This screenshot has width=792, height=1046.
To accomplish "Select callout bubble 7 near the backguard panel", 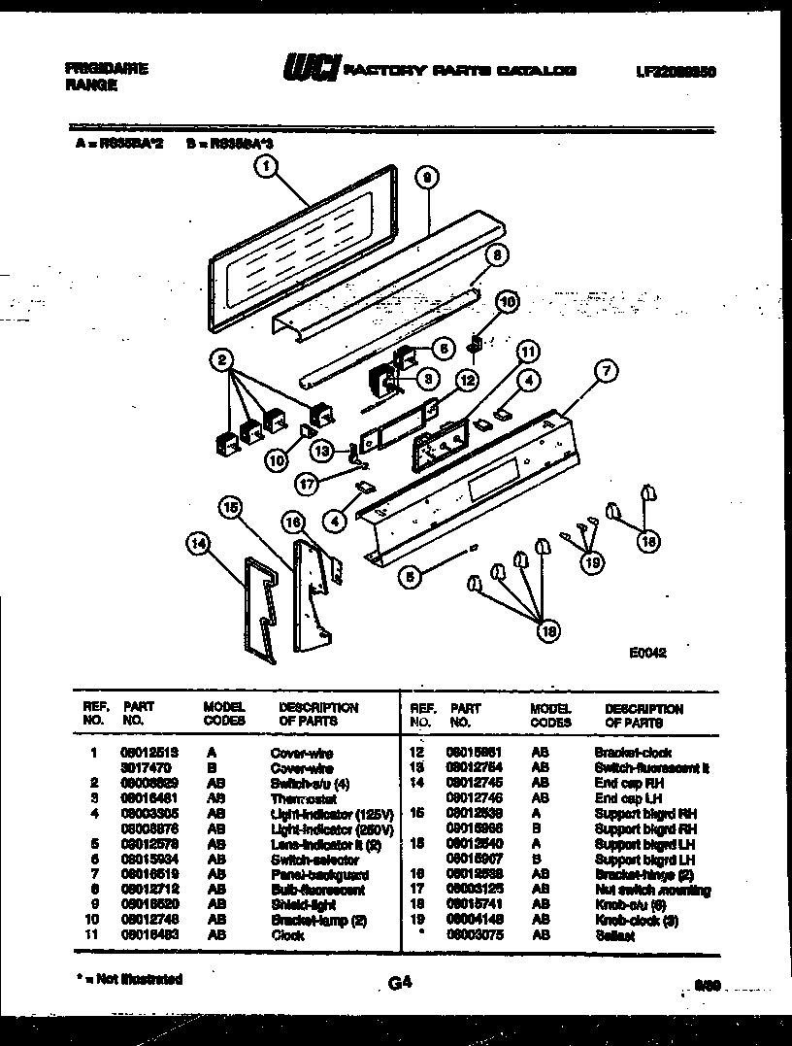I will point(606,370).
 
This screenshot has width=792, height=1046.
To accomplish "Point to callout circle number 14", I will point(199,546).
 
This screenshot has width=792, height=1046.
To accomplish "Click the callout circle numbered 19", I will point(589,559).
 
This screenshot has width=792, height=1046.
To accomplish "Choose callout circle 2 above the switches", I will point(224,361).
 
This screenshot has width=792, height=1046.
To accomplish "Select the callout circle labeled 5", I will point(412,576).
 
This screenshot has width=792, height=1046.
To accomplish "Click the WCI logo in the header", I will point(311,69).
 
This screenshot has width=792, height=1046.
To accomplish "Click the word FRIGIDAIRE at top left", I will point(106,69).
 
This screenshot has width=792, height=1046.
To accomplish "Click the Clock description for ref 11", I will point(287,935).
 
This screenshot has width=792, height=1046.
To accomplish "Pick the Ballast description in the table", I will point(614,935).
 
